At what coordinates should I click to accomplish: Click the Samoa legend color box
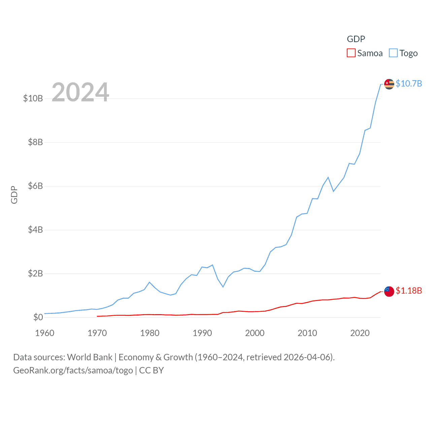pos(351,53)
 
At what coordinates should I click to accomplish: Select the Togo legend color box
pos(393,53)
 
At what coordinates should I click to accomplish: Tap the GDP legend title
pos(356,39)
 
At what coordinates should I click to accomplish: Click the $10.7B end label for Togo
pos(409,84)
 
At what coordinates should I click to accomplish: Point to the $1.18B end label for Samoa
pos(409,291)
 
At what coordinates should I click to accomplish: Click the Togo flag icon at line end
pos(389,84)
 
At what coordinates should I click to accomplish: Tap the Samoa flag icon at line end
pos(389,291)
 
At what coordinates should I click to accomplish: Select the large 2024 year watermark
pos(80,92)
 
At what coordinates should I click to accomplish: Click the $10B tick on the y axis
pos(33,98)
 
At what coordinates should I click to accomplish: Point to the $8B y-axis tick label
pos(35,142)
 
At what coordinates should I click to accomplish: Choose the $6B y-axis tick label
pos(35,186)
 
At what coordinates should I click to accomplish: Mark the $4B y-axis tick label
pos(35,230)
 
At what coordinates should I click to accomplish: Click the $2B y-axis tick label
pos(35,273)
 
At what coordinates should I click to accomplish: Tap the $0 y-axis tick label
pos(38,317)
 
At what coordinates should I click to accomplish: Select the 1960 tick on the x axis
pos(45,333)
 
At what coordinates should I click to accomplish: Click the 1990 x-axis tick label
pos(202,333)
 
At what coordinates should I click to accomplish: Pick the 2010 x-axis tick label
pos(307,333)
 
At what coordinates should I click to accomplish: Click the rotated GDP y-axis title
pos(14,195)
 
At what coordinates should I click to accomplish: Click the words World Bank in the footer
pos(90,357)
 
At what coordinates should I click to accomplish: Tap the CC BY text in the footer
pos(152,370)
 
